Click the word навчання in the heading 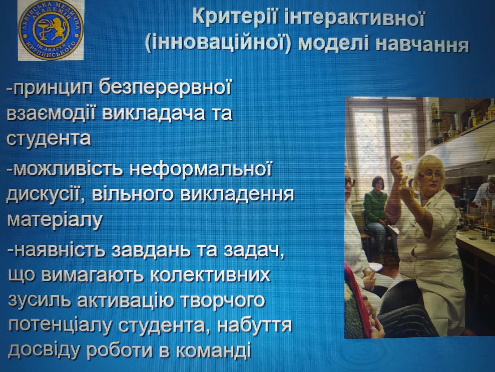pyautogui.click(x=420, y=44)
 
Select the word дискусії pyautogui.click(x=44, y=196)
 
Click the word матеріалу pyautogui.click(x=54, y=220)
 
